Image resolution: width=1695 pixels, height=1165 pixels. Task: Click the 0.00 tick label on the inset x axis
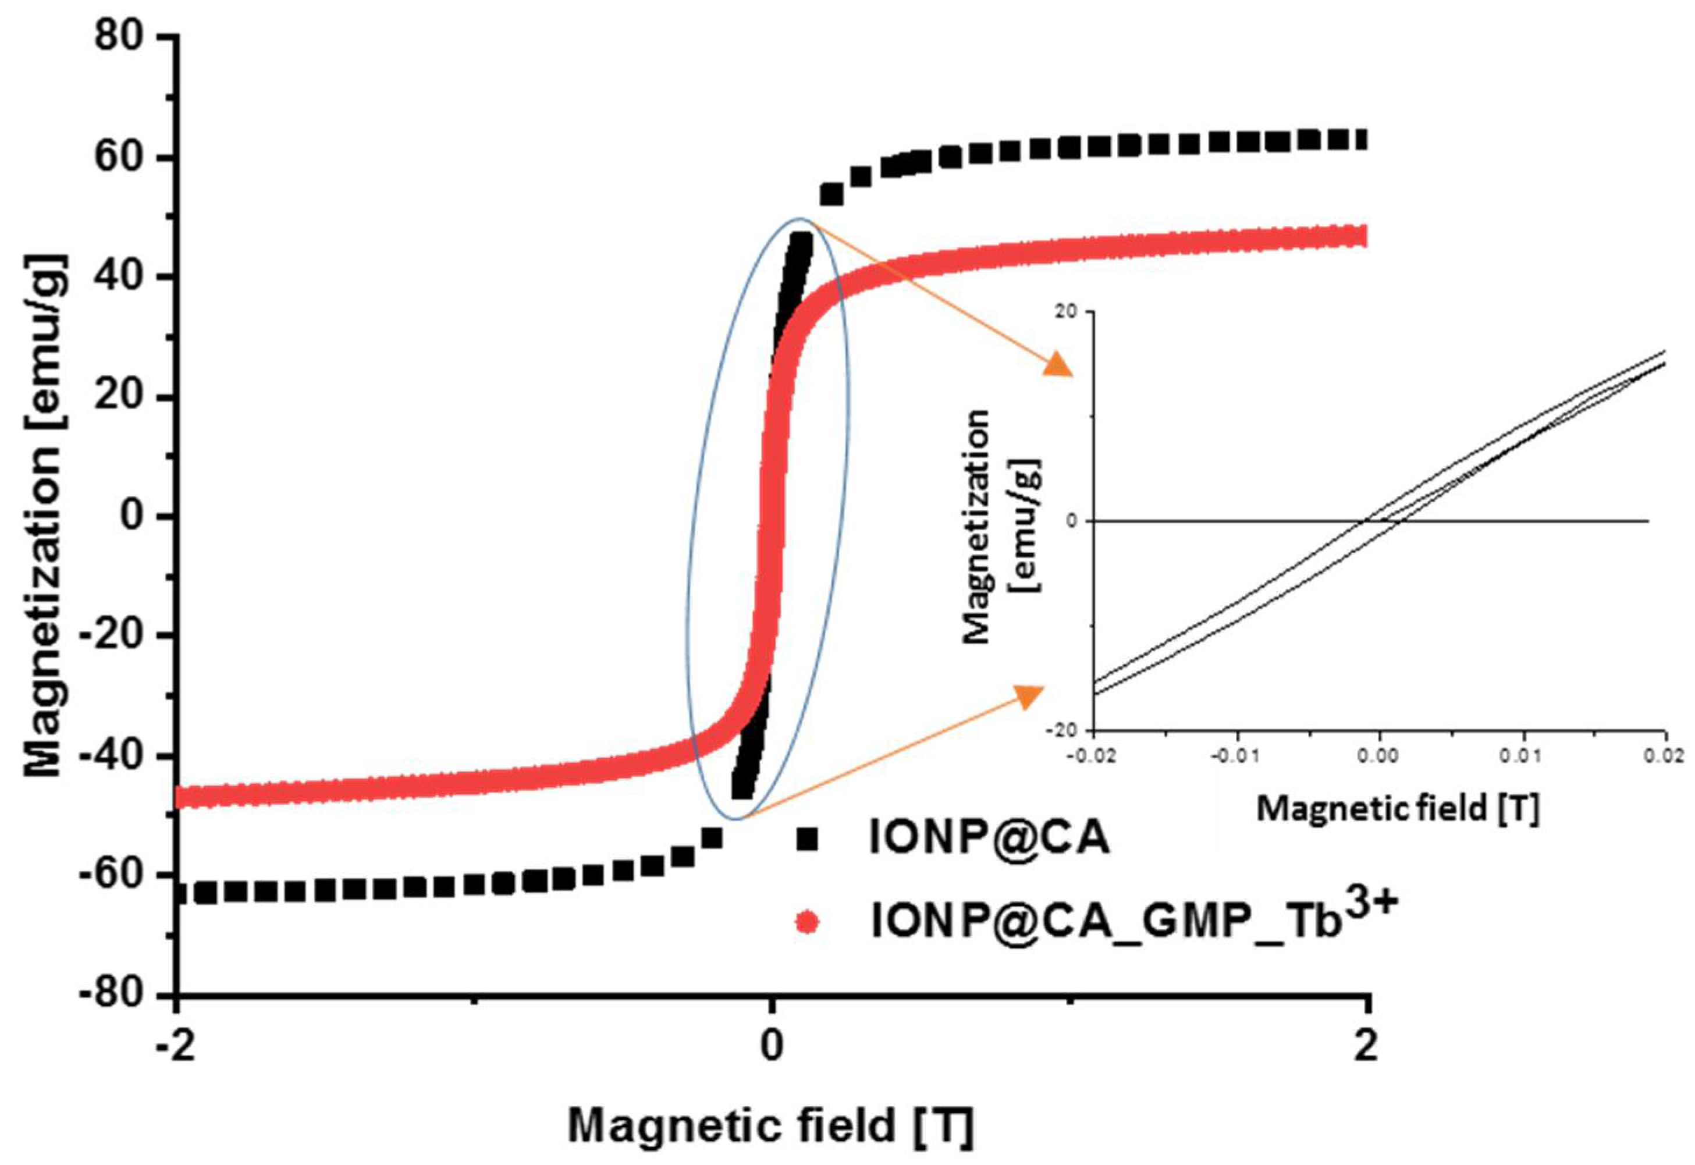tap(1378, 755)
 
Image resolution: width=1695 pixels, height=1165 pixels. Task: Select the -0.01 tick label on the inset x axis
tap(1234, 755)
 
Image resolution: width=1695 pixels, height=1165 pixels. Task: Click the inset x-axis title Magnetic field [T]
tap(1398, 808)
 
